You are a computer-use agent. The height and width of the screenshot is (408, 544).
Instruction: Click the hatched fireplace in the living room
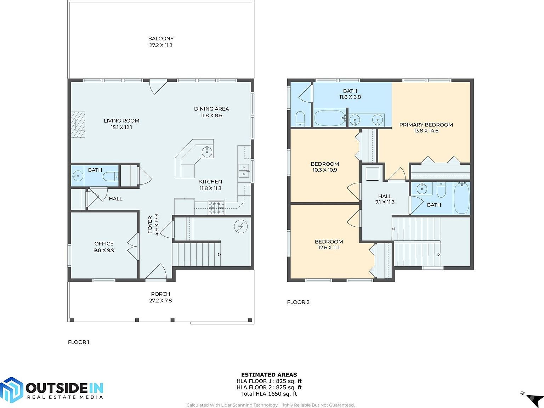(78, 124)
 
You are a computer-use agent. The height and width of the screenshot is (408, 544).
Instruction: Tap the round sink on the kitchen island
(207, 152)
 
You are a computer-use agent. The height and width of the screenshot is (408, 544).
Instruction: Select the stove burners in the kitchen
(216, 208)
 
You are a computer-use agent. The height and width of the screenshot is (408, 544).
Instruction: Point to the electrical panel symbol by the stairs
(241, 227)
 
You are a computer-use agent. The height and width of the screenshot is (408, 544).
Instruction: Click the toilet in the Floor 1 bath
(110, 176)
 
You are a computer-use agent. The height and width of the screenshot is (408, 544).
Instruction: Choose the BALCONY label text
(161, 39)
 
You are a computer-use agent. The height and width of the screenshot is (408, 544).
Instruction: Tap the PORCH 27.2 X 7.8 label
(160, 297)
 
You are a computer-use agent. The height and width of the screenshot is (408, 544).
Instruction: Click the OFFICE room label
(104, 244)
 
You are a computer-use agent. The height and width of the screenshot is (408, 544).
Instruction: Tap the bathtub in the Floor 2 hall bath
(461, 198)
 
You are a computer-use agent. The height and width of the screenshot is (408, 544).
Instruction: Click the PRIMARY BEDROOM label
(426, 125)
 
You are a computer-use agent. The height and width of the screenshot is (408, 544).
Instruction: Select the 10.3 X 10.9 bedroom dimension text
(325, 170)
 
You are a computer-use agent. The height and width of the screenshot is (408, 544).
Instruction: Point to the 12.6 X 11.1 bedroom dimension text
(329, 248)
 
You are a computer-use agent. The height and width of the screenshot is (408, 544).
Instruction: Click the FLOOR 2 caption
(298, 302)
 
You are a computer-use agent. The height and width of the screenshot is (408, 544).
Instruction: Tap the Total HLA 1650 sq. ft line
(269, 394)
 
